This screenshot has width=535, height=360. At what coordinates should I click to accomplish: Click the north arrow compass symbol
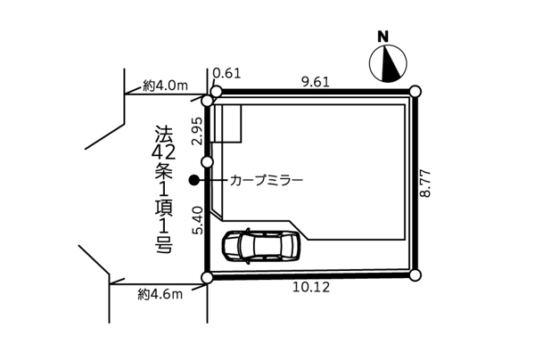click(388, 63)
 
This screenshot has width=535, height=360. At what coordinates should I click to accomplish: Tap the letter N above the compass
click(383, 37)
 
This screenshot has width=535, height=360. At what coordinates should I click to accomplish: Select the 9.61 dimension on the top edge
click(316, 82)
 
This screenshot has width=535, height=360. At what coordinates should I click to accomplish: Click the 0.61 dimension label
click(226, 73)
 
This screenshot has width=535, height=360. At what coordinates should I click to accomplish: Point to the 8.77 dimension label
click(426, 184)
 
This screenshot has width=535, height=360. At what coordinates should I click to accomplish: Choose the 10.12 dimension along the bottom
click(311, 287)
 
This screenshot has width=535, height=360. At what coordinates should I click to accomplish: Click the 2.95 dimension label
click(198, 132)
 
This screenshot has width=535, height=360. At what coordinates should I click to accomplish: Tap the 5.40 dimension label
click(198, 221)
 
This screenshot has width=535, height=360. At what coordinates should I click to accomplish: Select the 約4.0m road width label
click(166, 86)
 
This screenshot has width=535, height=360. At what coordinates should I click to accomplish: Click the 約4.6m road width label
click(160, 294)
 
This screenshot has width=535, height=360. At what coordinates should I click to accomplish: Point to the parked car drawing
click(261, 245)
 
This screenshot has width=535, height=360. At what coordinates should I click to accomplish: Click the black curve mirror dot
click(194, 180)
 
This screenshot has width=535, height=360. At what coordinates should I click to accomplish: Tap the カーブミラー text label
click(267, 180)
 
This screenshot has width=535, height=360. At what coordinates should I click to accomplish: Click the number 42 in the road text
click(164, 152)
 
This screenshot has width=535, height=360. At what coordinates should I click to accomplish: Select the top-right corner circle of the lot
click(415, 92)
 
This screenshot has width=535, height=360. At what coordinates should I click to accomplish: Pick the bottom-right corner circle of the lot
click(415, 274)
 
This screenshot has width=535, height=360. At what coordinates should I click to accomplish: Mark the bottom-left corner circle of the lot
click(207, 277)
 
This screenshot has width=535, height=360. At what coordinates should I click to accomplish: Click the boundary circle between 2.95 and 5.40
click(208, 161)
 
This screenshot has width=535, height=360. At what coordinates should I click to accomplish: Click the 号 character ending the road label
click(164, 245)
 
